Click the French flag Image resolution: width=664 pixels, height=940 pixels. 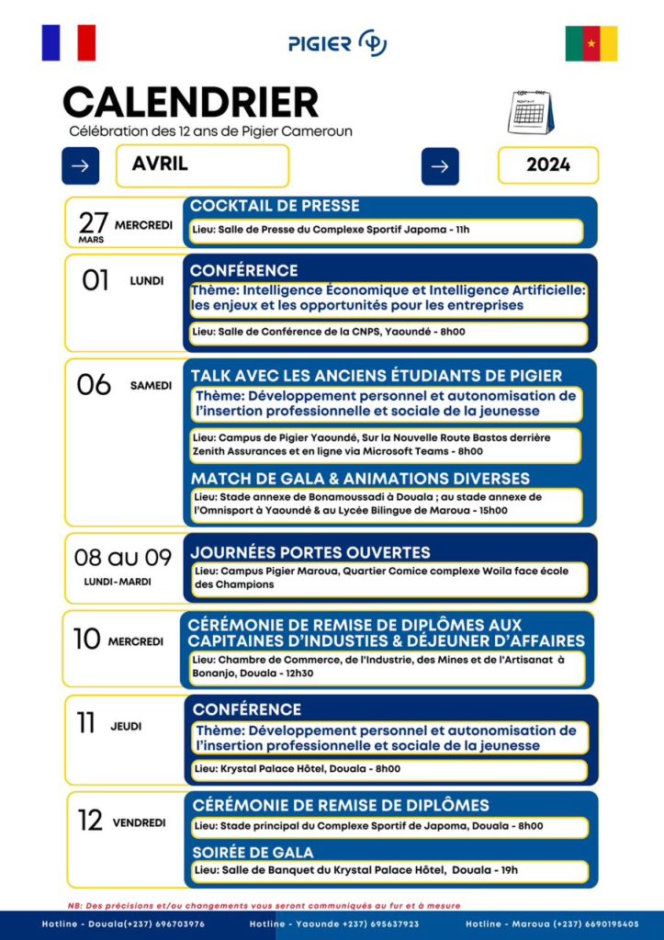tap(68, 42)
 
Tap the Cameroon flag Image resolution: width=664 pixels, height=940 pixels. tap(591, 43)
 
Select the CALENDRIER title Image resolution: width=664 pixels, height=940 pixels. tap(190, 102)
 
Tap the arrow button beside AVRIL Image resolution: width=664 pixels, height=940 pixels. tap(80, 165)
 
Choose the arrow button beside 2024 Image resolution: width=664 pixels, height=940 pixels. tap(440, 166)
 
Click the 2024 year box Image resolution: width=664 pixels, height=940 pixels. tap(548, 165)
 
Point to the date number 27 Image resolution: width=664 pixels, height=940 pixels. tap(94, 222)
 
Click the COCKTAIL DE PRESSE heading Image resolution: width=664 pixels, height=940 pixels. tap(275, 206)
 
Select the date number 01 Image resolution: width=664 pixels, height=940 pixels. tap(96, 280)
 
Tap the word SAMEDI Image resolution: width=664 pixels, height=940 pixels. tap(151, 386)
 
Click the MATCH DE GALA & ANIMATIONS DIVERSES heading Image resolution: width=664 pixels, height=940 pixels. tap(360, 479)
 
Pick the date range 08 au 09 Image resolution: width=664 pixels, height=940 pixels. tap(123, 557)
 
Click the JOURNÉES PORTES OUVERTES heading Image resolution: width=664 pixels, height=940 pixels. tap(309, 552)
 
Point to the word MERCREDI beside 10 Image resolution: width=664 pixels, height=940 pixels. tap(136, 641)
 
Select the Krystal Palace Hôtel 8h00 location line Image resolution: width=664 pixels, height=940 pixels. tap(297, 769)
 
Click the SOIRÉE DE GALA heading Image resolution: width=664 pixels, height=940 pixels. tap(253, 852)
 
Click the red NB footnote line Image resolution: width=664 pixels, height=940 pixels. tap(264, 905)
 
